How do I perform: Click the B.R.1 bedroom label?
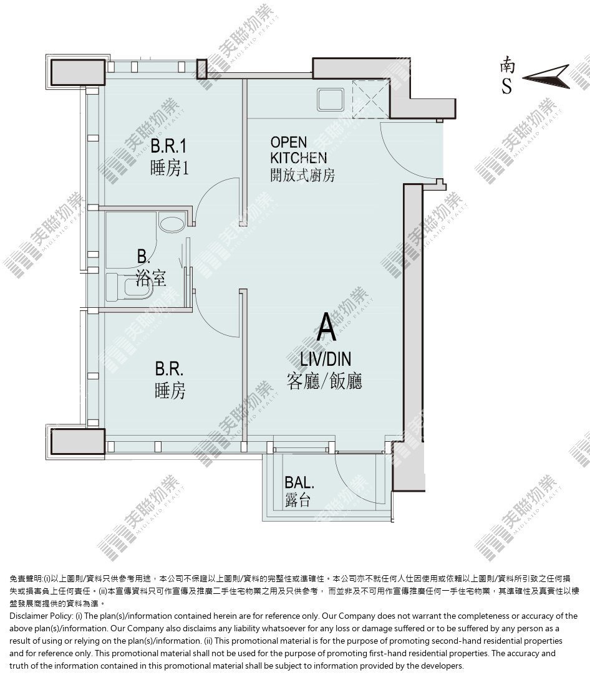coord(168,146)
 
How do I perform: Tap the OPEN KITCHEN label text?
coord(298,150)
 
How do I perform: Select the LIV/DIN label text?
coord(326,359)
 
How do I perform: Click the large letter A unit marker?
coord(326,327)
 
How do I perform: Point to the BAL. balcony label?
coord(299,482)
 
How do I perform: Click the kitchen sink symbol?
coord(331,100)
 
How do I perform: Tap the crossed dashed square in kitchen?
coord(371,99)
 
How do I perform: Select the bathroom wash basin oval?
coord(173,224)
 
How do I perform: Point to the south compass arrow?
coord(546,77)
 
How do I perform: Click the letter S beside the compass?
coord(507,85)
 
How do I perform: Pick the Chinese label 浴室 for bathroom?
coord(151,277)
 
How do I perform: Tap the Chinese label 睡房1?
coord(170,168)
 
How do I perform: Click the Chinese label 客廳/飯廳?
coord(324,381)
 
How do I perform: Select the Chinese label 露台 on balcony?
coord(298,500)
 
